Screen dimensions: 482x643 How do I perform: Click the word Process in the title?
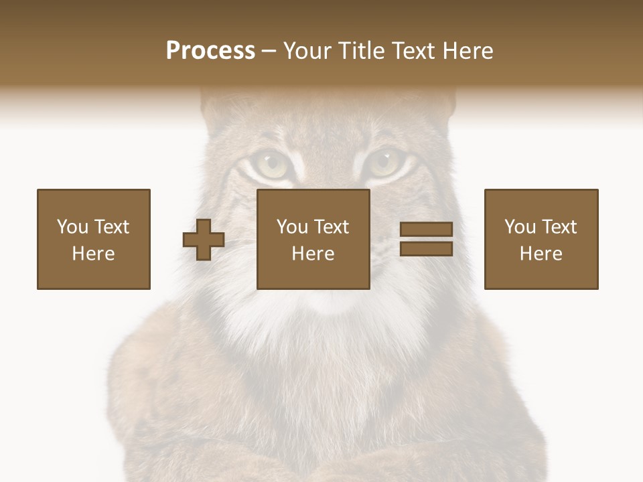(210, 51)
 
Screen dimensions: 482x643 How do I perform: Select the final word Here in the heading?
(467, 51)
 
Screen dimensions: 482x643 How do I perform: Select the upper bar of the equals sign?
(426, 230)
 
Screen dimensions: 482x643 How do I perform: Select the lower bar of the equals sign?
(426, 249)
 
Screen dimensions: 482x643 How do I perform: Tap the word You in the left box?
(72, 227)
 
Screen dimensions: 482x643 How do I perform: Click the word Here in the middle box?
(313, 254)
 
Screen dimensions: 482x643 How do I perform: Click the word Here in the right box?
(541, 254)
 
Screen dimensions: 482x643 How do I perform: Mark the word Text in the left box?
(111, 227)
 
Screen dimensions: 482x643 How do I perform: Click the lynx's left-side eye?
(269, 163)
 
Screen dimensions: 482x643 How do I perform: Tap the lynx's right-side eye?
(383, 163)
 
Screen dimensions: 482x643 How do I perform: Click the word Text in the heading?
(414, 51)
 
